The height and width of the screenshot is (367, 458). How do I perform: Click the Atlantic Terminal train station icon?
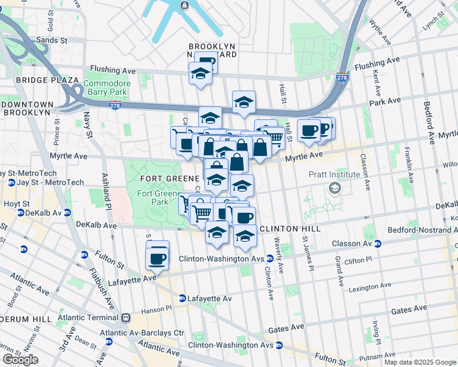pos(126,317)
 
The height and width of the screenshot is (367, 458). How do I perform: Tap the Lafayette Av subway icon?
pos(182,298)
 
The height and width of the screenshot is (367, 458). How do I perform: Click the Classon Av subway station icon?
pos(377,243)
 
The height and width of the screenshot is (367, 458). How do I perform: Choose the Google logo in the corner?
pos(20,360)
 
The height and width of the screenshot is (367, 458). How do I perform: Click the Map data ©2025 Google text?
pos(419,362)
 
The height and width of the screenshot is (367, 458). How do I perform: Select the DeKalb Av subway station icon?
pos(21,213)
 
